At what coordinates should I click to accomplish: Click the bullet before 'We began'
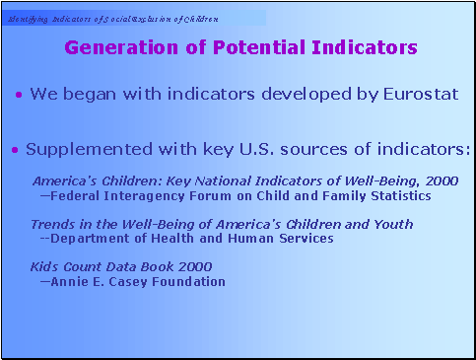[x=20, y=96]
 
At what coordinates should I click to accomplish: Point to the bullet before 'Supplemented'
[x=15, y=151]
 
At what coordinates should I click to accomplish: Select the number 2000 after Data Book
[x=193, y=267]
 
